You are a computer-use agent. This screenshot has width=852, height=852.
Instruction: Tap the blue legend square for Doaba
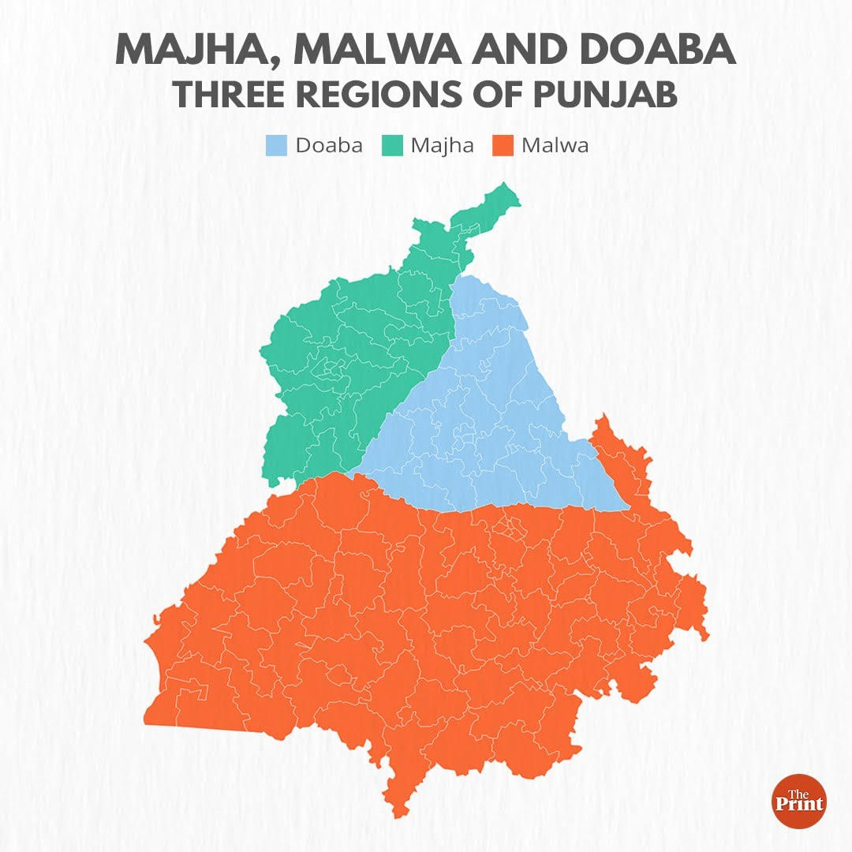point(276,145)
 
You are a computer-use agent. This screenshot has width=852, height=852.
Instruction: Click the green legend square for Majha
point(394,145)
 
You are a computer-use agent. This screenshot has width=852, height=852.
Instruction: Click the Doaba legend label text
point(329,145)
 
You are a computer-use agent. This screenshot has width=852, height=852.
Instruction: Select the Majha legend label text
point(442,145)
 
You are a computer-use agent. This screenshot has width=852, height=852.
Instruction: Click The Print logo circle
point(799,801)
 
